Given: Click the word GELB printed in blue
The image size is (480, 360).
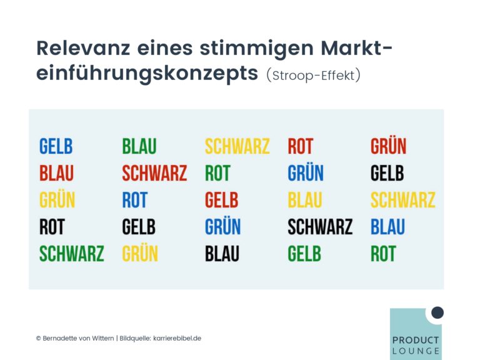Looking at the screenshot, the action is click(x=56, y=146).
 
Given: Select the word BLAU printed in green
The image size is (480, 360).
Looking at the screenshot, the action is click(x=139, y=146).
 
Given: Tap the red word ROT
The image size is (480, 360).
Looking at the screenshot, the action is click(x=300, y=146).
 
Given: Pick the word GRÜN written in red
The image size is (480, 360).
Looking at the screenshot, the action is click(x=389, y=146).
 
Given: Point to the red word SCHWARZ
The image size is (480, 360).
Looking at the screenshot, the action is click(x=154, y=173).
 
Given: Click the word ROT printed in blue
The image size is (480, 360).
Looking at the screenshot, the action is click(x=135, y=200).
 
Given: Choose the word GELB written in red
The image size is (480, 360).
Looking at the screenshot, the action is click(x=222, y=200).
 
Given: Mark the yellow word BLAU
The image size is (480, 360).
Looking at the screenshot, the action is click(x=305, y=200).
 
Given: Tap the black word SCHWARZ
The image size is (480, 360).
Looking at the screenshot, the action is click(x=320, y=227).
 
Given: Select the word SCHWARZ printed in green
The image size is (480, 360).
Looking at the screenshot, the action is click(x=72, y=254).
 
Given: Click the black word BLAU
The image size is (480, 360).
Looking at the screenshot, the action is click(x=222, y=254).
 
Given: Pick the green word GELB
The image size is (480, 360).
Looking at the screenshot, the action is click(x=304, y=254).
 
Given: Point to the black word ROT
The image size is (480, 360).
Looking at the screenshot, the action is click(x=52, y=227).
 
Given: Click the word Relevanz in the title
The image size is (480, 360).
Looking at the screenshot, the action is click(x=83, y=48).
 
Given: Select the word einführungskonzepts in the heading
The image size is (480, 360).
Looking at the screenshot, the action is click(x=147, y=74).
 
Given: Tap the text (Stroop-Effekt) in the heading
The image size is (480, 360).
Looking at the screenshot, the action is click(x=314, y=75).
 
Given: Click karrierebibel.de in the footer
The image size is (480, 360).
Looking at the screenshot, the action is click(x=177, y=338).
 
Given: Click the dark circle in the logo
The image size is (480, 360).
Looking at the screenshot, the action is click(x=437, y=312).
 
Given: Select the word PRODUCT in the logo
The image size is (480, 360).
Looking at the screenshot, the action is click(x=416, y=340).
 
